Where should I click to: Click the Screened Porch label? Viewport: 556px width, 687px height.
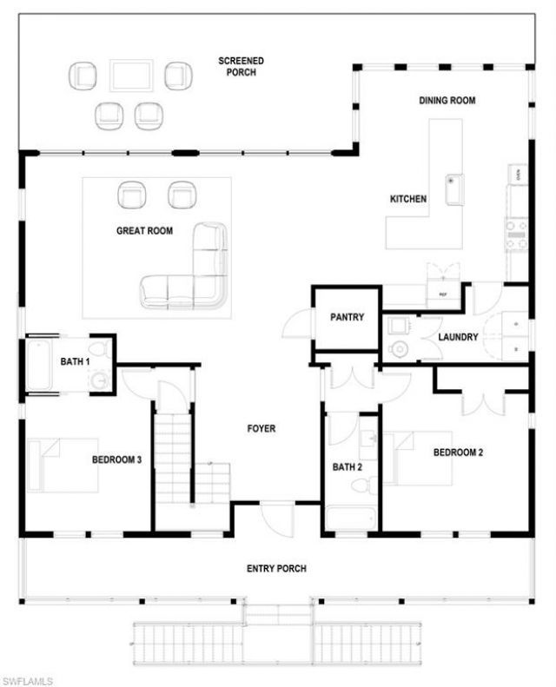pos(241,66)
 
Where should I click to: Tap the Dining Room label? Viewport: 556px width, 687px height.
pos(447,101)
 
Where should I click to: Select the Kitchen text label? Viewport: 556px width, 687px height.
pos(407,199)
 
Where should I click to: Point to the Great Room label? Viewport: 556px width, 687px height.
pos(144,231)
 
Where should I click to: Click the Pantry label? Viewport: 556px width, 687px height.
pos(347,318)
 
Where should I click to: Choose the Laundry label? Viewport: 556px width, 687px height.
pos(458,337)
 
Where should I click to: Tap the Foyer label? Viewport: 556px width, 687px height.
pos(261,428)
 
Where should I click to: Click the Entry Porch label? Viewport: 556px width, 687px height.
pos(276,569)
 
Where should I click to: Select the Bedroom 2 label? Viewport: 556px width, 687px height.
pos(458,452)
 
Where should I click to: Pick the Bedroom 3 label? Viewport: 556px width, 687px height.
pos(116,459)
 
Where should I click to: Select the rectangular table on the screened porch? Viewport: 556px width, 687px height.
pos(131,75)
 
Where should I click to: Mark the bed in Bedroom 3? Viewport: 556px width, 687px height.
pos(63,465)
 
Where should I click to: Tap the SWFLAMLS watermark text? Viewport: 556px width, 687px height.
pos(28,679)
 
